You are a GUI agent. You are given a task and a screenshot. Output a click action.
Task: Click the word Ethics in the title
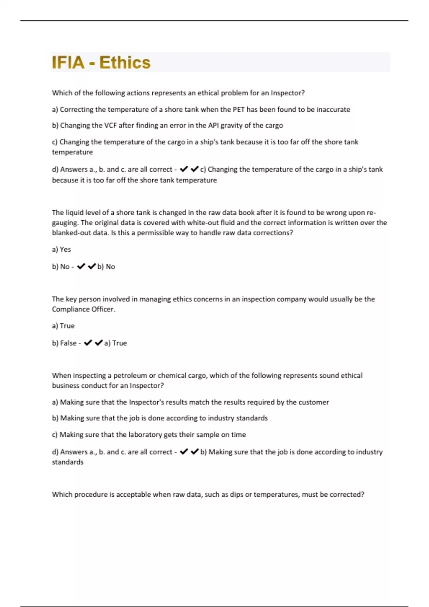click(x=125, y=62)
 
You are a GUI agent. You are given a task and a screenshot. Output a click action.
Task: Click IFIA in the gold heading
click(x=68, y=62)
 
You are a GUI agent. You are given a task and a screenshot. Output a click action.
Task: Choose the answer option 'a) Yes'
click(x=61, y=250)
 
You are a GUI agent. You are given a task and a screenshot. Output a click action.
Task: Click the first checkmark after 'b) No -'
click(x=81, y=266)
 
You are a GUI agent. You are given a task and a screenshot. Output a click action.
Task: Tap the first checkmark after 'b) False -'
click(x=88, y=343)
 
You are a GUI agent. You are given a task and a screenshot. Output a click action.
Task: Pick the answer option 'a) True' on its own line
click(x=63, y=326)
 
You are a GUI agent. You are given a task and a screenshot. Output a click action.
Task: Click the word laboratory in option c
click(x=145, y=435)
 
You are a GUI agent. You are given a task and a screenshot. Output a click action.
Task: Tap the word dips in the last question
click(x=236, y=495)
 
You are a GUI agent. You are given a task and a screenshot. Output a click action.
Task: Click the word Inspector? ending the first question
click(x=288, y=93)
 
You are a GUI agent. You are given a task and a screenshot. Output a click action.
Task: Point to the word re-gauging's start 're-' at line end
click(x=371, y=213)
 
